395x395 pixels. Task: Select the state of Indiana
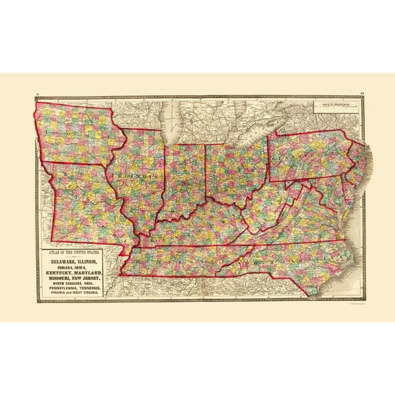(185, 178)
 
